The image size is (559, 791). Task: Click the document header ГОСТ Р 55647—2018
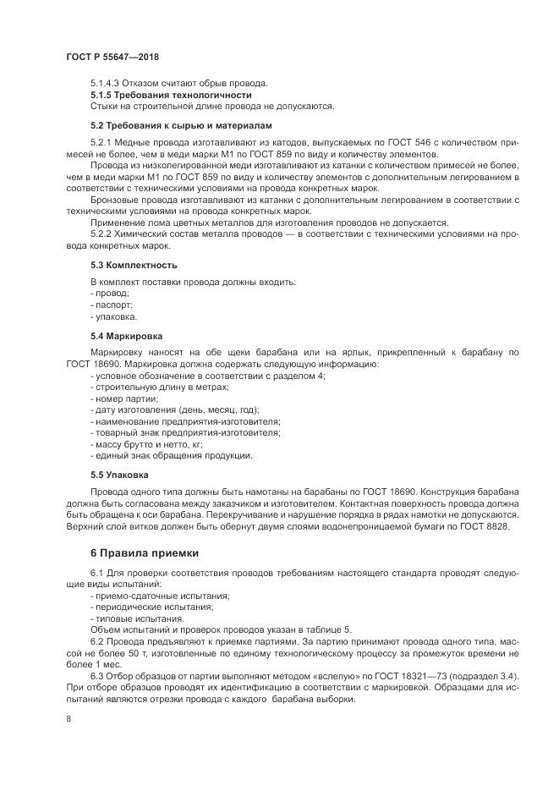[112, 56]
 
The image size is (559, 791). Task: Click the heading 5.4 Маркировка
[127, 335]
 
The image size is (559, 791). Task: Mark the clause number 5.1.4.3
[105, 83]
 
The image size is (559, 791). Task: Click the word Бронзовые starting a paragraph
[116, 199]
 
